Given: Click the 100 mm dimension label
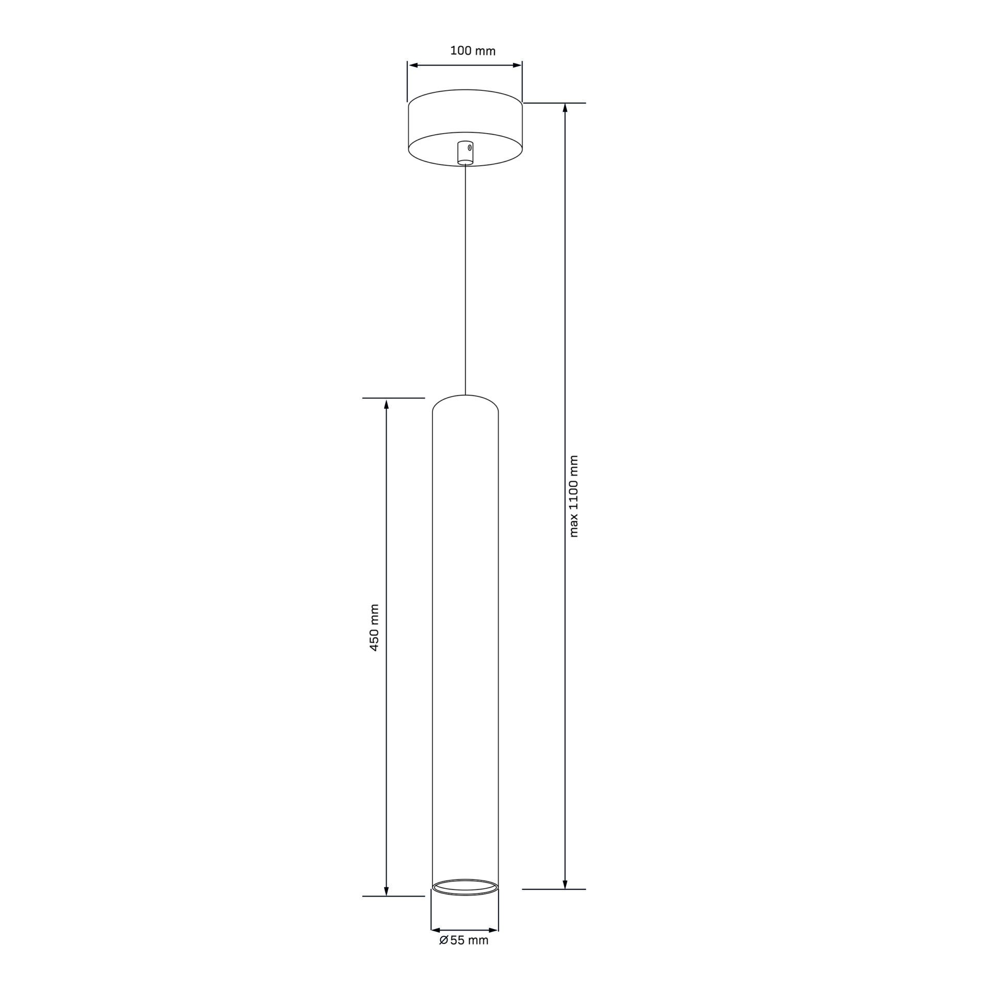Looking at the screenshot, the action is click(x=473, y=51).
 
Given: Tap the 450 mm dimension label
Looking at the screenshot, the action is click(x=375, y=627).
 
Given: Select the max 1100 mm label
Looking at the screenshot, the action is click(x=574, y=496).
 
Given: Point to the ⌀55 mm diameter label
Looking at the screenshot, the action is click(x=463, y=940).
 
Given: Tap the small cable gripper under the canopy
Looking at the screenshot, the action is click(x=465, y=152).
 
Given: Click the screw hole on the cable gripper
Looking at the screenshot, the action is click(x=470, y=148).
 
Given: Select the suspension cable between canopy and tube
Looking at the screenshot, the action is click(x=466, y=279).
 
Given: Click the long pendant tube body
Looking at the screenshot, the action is click(x=465, y=645).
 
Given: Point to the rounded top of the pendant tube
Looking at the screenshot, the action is click(x=465, y=396).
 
